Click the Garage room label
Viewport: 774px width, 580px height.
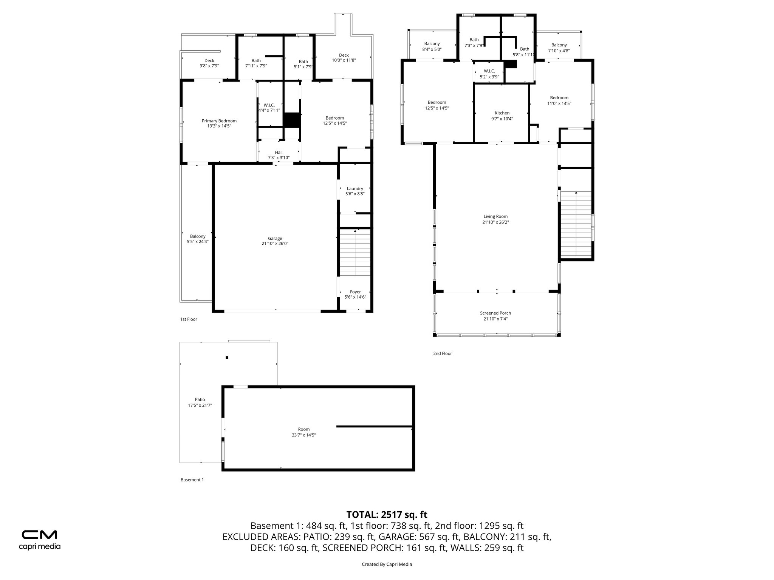275,238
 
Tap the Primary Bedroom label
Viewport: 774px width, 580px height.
219,121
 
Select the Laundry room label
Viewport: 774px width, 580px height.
355,188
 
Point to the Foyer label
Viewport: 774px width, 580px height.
355,292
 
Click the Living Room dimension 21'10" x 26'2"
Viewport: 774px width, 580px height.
495,222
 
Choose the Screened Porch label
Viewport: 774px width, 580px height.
495,313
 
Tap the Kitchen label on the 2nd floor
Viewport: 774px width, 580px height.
502,113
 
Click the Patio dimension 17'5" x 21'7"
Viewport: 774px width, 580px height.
200,405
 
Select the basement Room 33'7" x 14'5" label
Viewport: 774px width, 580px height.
303,432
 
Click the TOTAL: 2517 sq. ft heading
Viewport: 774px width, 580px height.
387,515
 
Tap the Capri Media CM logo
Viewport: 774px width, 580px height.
39,535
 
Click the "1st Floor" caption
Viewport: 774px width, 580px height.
189,319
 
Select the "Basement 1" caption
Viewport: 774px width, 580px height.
192,480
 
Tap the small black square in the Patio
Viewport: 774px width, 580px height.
227,357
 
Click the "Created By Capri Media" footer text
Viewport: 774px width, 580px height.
387,565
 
